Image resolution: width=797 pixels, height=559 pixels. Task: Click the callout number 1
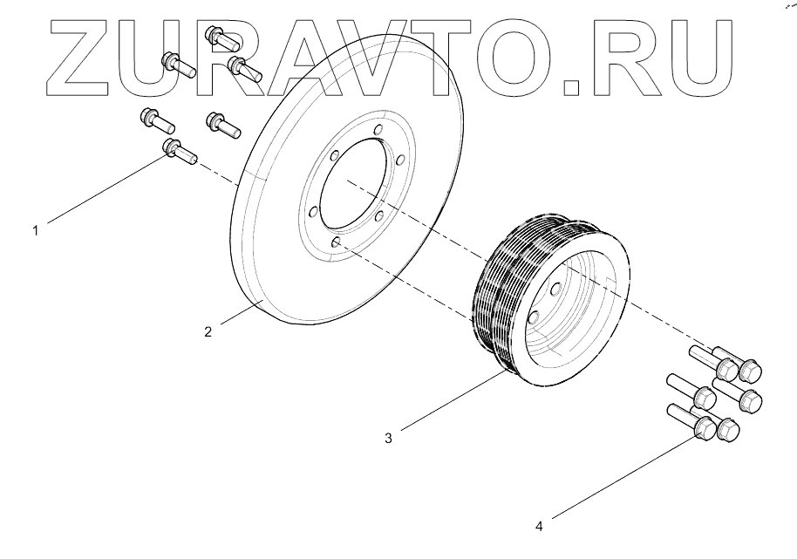point(36,231)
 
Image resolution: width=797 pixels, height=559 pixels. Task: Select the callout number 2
point(208,331)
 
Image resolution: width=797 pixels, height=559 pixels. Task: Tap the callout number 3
point(388,438)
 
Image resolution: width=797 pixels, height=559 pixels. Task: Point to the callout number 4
point(539,526)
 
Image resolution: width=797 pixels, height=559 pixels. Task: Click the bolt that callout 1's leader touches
point(179,152)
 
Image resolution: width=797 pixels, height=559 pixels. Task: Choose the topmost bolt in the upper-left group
point(217,37)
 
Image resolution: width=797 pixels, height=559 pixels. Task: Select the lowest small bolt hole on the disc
point(334,247)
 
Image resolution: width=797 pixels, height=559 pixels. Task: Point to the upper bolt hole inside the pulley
point(555,289)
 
